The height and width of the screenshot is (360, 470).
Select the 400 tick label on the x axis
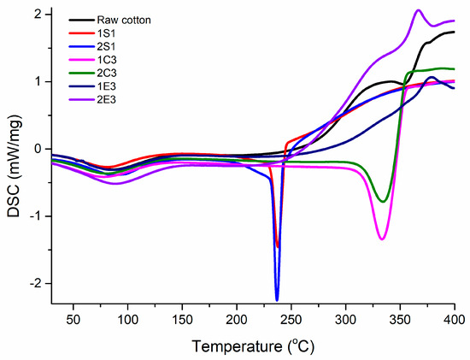pyautogui.click(x=455, y=322)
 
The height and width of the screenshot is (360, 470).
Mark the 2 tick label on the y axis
pyautogui.click(x=39, y=15)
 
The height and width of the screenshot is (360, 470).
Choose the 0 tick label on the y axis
pyautogui.click(x=39, y=149)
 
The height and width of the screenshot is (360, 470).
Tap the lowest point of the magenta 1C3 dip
pyautogui.click(x=381, y=239)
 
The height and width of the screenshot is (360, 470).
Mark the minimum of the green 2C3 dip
pyautogui.click(x=384, y=202)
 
